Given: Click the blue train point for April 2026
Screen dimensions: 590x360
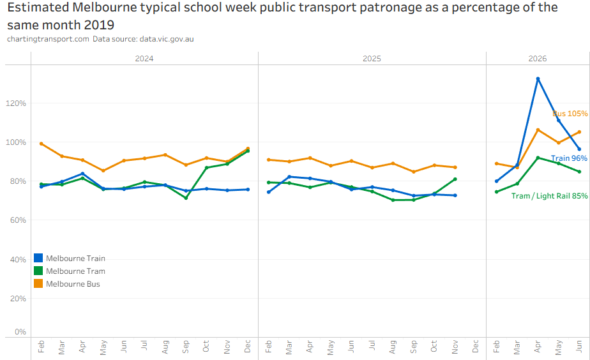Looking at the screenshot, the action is (x=538, y=79).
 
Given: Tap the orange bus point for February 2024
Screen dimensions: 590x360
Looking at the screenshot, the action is (x=42, y=144).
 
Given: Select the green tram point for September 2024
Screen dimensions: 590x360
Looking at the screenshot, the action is (x=186, y=198).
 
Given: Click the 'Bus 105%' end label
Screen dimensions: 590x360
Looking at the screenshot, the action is (x=570, y=113).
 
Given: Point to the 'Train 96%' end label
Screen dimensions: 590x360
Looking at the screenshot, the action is (x=569, y=158).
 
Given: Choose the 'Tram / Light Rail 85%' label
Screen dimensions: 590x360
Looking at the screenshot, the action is (x=549, y=195).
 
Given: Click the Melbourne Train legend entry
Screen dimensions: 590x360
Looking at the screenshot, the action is (x=70, y=258).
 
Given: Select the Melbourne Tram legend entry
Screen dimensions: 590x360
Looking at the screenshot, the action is (x=70, y=271).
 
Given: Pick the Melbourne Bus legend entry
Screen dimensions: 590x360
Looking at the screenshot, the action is (x=67, y=283).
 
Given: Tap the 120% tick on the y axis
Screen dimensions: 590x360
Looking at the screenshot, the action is (x=16, y=103).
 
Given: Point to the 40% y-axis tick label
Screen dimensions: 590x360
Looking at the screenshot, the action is (x=18, y=260).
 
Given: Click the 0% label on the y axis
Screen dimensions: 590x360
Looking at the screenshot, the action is (x=20, y=332).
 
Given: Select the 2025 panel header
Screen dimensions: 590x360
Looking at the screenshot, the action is (x=372, y=58).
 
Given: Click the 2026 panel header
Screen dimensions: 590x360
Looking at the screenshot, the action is (x=538, y=58).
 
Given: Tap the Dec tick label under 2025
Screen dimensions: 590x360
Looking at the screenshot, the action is (x=475, y=346).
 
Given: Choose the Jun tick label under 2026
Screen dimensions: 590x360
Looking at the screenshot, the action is (x=579, y=346).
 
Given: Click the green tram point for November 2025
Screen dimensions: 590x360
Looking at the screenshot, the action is (x=455, y=179).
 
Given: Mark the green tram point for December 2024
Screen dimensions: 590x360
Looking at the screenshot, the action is (x=248, y=151).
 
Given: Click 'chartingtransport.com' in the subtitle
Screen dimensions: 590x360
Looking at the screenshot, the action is (x=48, y=39).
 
